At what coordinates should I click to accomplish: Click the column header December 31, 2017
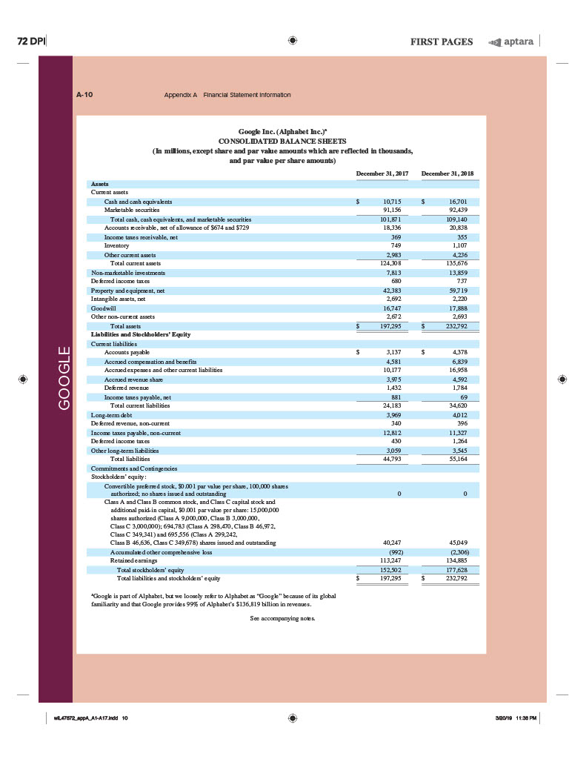(382, 173)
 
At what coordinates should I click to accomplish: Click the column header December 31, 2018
(447, 173)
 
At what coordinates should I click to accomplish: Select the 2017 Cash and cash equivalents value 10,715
(391, 202)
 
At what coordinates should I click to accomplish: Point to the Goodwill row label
(103, 308)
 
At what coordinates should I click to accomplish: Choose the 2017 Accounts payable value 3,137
(393, 353)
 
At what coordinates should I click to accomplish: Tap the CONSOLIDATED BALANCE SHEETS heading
(282, 141)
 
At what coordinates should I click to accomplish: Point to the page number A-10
(84, 95)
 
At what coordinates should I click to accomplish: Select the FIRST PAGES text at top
(442, 42)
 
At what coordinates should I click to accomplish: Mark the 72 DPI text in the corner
(32, 41)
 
